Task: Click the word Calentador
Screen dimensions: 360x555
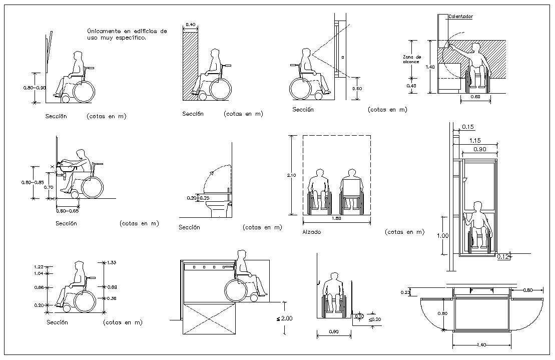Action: point(460,17)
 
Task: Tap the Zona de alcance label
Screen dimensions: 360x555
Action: point(412,59)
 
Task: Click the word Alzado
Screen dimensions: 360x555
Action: point(311,232)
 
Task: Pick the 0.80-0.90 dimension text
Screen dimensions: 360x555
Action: point(34,88)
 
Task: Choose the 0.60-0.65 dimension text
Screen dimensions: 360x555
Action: point(68,211)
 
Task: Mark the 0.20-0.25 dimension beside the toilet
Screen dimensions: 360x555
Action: point(199,198)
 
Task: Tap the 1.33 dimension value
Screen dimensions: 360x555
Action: point(112,262)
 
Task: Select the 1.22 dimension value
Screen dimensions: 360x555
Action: point(38,267)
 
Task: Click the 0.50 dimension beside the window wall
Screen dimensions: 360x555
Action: point(356,89)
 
